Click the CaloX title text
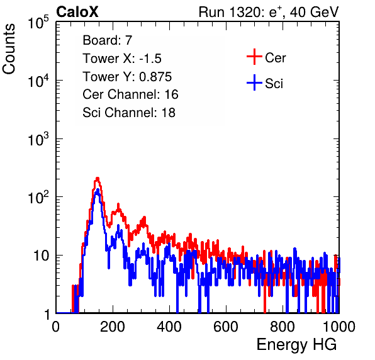77,12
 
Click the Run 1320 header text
269,12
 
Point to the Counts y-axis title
9,49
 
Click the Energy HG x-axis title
296,344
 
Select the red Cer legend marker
254,57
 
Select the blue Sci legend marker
254,83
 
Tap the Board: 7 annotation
107,40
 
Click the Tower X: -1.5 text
122,59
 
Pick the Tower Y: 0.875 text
127,77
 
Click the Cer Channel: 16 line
131,94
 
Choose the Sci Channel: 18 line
129,113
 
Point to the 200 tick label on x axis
113,327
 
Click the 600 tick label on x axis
226,327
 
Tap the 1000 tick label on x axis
339,327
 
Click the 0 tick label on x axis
56,327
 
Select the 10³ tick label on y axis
38,138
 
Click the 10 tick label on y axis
42,256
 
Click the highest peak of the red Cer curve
98,178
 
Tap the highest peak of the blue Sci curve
98,190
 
